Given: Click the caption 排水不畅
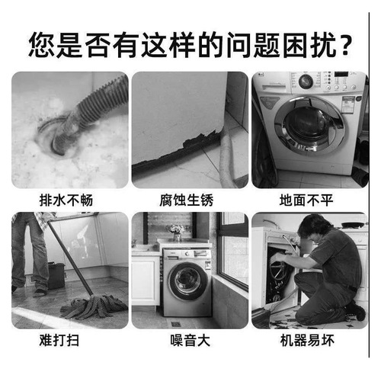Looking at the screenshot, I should click(x=69, y=200).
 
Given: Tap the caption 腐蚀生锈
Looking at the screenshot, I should click(x=190, y=200).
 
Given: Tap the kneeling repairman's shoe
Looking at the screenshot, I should click(x=354, y=312).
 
